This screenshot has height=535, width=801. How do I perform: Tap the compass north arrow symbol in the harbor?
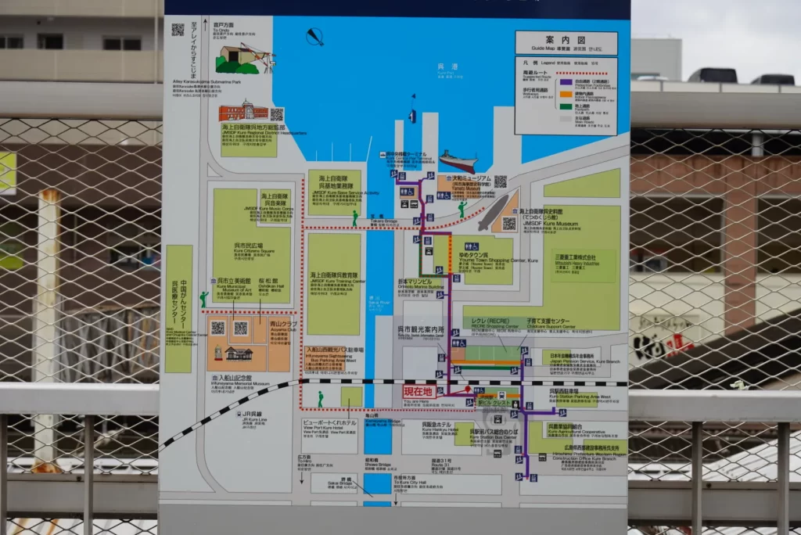[314, 37]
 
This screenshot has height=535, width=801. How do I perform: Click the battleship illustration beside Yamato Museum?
[458, 162]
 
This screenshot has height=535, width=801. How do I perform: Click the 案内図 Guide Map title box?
[566, 43]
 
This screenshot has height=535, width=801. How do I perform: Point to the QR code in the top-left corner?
[178, 30]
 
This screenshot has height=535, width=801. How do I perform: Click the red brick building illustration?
[243, 112]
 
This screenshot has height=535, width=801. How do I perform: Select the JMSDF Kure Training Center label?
[334, 278]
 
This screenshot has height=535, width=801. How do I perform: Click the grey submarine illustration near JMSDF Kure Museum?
[491, 213]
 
